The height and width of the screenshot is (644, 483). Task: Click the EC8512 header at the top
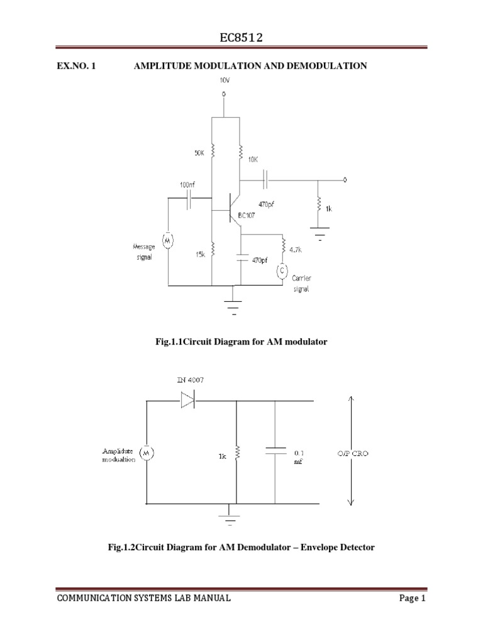pyautogui.click(x=241, y=38)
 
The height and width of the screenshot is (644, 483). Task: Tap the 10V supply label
pyautogui.click(x=224, y=80)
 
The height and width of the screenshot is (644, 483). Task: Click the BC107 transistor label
pyautogui.click(x=246, y=214)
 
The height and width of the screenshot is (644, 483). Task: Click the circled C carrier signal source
pyautogui.click(x=282, y=270)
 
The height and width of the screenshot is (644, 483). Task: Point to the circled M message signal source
pyautogui.click(x=168, y=239)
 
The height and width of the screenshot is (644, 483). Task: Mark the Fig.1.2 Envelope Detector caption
pyautogui.click(x=241, y=547)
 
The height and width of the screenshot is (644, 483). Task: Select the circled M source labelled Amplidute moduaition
pyautogui.click(x=147, y=452)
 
